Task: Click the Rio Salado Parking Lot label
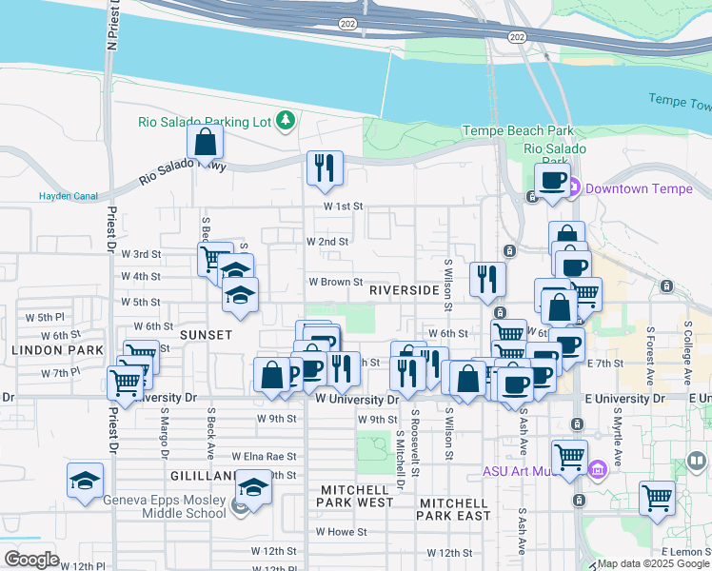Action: click(x=204, y=121)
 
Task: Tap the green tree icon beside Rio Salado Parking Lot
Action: click(x=285, y=120)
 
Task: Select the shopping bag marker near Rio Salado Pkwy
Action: click(x=206, y=144)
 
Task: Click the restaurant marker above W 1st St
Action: click(x=325, y=168)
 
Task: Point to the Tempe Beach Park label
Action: click(x=518, y=130)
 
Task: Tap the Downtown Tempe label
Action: click(x=638, y=188)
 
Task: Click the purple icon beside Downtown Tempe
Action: click(x=574, y=188)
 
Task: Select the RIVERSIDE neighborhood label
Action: click(x=404, y=289)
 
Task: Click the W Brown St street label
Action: click(x=335, y=282)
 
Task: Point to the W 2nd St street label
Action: click(x=327, y=242)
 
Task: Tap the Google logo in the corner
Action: click(x=31, y=559)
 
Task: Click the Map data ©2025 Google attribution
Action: click(x=652, y=563)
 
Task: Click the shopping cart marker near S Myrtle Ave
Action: click(x=657, y=498)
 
